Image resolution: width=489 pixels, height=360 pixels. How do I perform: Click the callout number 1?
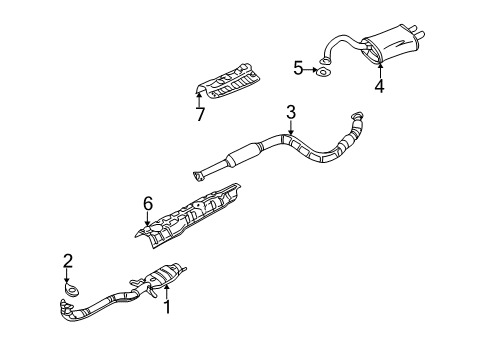pyautogui.click(x=169, y=309)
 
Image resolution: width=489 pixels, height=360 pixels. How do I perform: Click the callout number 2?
pyautogui.click(x=68, y=262)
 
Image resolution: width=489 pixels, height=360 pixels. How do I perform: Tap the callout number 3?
pyautogui.click(x=290, y=111)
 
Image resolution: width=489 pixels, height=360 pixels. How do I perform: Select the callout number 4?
pyautogui.click(x=379, y=86)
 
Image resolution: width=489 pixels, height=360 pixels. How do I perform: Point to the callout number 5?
pyautogui.click(x=298, y=68)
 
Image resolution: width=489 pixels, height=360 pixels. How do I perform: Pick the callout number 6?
pyautogui.click(x=147, y=204)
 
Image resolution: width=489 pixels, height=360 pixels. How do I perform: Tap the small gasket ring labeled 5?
pyautogui.click(x=323, y=70)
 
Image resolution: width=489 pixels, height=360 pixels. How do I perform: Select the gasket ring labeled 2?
pyautogui.click(x=71, y=289)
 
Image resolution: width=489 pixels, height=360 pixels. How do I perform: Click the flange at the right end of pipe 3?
pyautogui.click(x=356, y=117)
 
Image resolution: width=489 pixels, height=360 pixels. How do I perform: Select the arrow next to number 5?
pyautogui.click(x=310, y=68)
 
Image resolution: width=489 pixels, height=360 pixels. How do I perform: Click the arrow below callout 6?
pyautogui.click(x=147, y=217)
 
